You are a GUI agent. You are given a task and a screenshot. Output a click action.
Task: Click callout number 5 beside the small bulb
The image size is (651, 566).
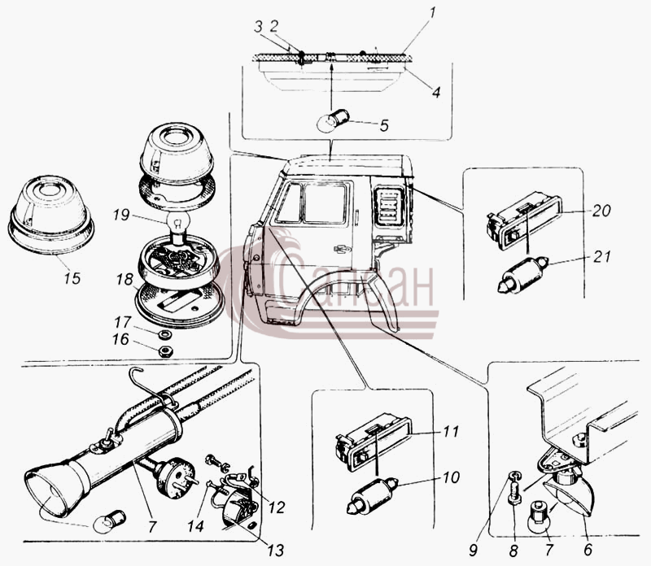(384, 125)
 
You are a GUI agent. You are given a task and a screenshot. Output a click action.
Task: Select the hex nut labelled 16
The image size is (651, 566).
(166, 352)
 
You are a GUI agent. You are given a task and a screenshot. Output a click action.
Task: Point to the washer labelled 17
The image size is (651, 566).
(166, 333)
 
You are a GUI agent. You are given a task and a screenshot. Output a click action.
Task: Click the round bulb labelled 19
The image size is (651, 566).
(178, 224)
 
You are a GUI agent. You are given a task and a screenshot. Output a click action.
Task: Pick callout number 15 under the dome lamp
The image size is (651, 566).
(72, 278)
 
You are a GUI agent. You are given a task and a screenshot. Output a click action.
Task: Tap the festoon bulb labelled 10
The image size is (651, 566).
(373, 496)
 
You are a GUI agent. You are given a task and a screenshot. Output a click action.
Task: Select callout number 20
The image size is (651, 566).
(601, 211)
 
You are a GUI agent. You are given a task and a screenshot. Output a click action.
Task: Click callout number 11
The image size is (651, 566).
(451, 431)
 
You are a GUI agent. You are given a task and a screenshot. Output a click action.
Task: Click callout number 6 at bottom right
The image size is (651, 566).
(588, 550)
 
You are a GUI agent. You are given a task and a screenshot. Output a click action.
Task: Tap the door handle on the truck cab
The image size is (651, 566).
(343, 249)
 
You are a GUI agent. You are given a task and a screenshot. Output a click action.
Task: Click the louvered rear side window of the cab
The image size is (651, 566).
(389, 207)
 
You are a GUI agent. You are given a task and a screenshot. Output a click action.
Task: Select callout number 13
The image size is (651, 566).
(276, 551)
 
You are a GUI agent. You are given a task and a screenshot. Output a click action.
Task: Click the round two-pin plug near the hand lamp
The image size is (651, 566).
(174, 477)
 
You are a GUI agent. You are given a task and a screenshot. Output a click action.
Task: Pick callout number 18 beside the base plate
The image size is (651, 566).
(125, 280)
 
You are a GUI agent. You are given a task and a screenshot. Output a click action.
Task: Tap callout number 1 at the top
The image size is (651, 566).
(432, 13)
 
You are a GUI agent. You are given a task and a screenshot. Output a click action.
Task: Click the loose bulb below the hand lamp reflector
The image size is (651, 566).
(110, 521)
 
